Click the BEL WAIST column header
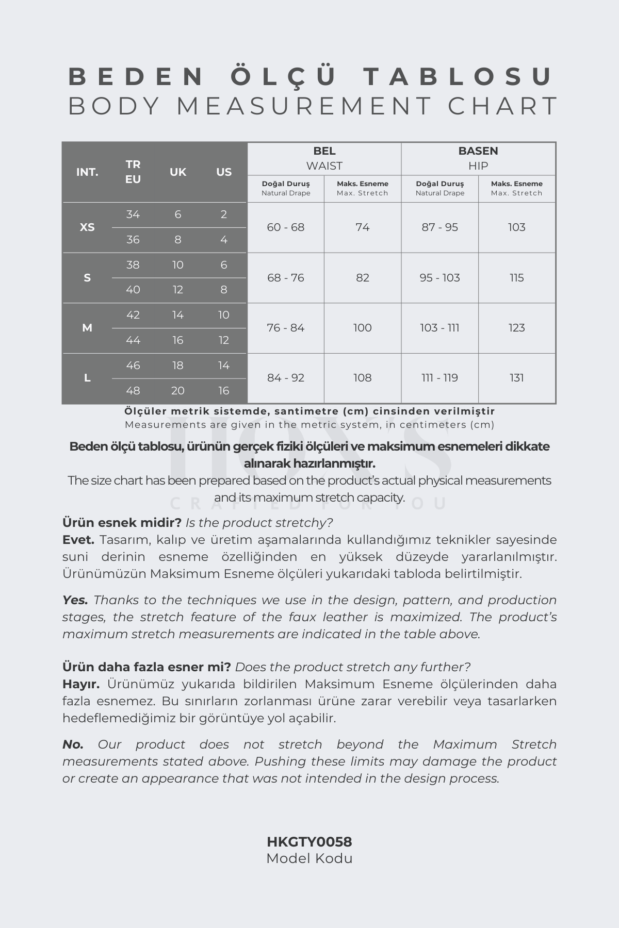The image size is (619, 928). click(x=324, y=158)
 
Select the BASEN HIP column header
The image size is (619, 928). click(x=478, y=158)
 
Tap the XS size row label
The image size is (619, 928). click(x=87, y=227)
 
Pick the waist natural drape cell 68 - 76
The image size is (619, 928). click(x=286, y=278)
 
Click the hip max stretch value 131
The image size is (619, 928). click(x=516, y=378)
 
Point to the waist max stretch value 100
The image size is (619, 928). click(x=362, y=328)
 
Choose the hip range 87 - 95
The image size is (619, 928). click(x=439, y=227)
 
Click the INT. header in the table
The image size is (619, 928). click(x=87, y=172)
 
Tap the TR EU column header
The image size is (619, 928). click(x=133, y=172)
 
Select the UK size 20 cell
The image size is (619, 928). click(x=178, y=391)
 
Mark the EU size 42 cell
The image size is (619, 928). click(x=133, y=315)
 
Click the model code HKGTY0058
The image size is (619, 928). click(x=309, y=842)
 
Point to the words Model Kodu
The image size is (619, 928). click(x=309, y=858)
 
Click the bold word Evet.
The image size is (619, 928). click(x=78, y=540)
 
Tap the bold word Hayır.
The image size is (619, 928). click(x=81, y=684)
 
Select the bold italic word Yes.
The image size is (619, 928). click(x=75, y=600)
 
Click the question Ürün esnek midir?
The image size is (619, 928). click(x=122, y=523)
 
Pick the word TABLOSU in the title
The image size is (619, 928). click(x=459, y=76)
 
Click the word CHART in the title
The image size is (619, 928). click(x=503, y=106)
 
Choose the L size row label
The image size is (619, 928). click(x=87, y=378)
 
